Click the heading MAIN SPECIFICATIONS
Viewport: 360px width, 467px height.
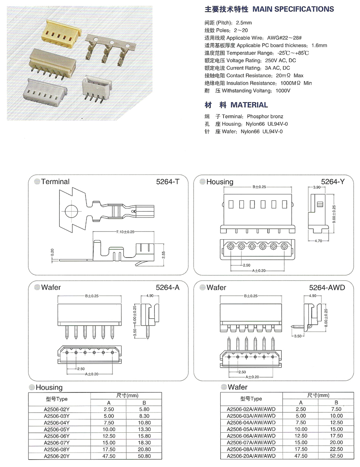293,9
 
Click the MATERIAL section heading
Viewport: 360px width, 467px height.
249,105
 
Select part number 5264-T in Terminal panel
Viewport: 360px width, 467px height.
168,182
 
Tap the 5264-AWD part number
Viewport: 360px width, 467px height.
327,287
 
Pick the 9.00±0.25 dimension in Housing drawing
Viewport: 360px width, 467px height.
334,215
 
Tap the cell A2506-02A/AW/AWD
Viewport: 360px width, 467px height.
251,409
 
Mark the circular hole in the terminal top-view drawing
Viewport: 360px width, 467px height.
72,210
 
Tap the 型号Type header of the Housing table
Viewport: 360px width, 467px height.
56,399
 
